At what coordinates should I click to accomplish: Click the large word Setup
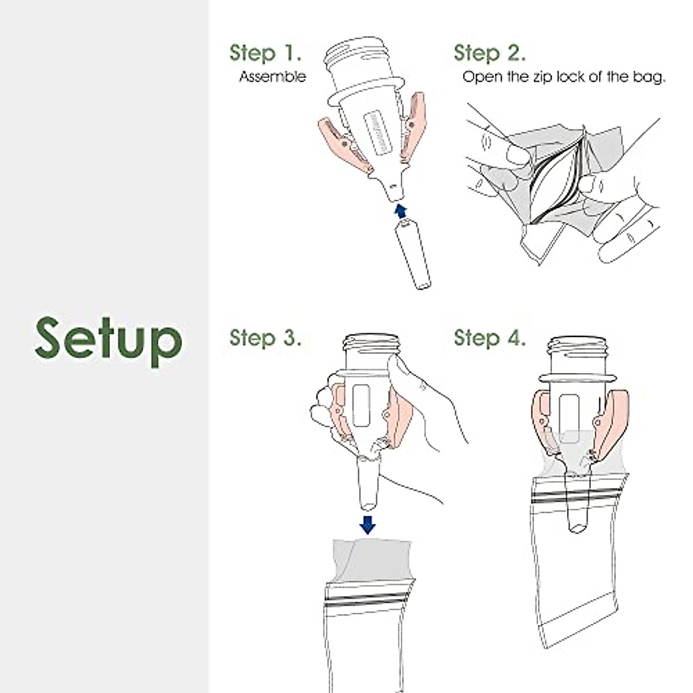108,341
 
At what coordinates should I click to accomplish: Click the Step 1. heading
266,53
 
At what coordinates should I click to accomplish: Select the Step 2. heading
490,53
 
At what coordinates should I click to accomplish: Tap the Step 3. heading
266,338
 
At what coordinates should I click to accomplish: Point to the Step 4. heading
490,338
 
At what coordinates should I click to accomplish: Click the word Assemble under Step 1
273,77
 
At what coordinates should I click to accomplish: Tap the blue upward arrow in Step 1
401,211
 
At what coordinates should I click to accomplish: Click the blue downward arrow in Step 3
367,525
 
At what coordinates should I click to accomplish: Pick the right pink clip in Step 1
413,126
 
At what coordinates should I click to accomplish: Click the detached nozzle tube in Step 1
413,255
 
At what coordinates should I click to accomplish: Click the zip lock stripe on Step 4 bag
575,497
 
